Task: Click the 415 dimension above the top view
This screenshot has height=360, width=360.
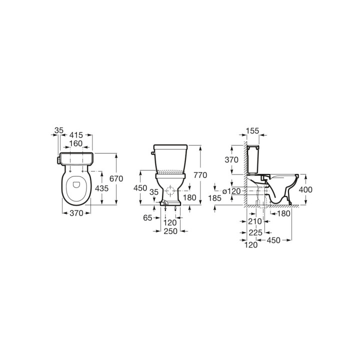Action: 75,135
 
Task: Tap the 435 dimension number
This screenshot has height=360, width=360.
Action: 102,188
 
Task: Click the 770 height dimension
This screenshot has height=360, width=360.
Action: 200,175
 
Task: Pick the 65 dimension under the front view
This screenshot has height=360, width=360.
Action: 147,218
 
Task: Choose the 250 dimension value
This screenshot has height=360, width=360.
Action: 171,231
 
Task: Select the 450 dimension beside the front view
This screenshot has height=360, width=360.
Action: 141,188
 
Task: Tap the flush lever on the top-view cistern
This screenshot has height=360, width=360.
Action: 58,159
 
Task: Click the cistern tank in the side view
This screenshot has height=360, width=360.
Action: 254,158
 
